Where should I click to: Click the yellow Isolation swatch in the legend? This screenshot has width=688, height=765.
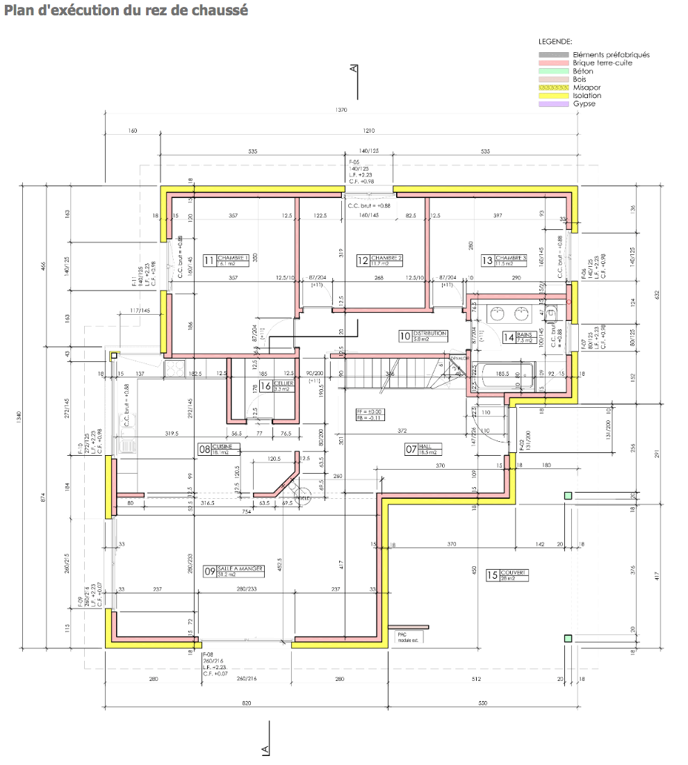coord(554,96)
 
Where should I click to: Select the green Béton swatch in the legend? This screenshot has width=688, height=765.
coord(554,71)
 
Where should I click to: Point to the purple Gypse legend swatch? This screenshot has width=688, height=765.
coord(554,104)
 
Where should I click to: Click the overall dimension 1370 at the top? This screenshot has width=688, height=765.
coord(341,110)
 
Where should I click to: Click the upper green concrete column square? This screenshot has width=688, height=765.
coord(568,495)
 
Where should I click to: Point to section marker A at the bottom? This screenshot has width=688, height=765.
coord(265,748)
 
